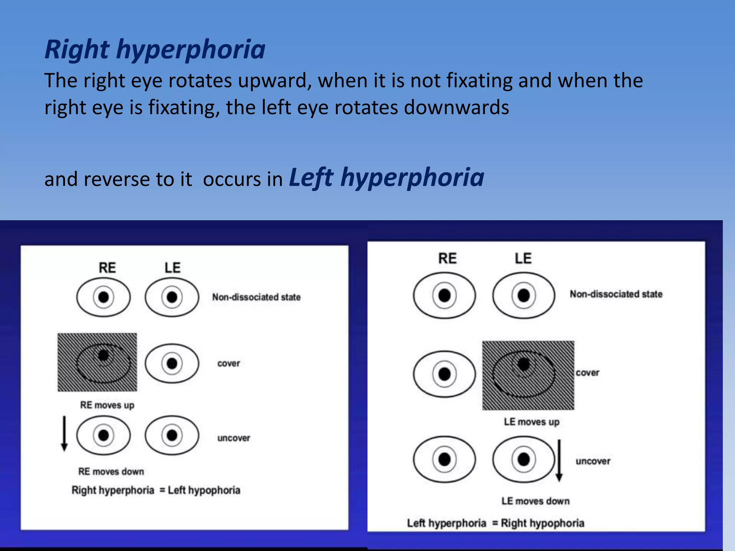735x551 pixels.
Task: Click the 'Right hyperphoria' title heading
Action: pos(155,49)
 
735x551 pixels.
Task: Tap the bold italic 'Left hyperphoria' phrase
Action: pos(387,178)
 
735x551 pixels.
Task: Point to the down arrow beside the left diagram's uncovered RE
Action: pos(64,433)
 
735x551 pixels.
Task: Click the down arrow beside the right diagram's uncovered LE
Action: pos(559,460)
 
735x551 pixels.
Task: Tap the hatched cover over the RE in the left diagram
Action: pos(97,362)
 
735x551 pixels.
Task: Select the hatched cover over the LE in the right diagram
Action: pos(528,375)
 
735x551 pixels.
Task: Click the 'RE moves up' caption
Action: pos(107,405)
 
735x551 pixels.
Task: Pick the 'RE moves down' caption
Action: pos(111,471)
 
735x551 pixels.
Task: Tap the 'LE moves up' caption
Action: pos(532,422)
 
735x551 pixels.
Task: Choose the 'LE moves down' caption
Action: pos(535,501)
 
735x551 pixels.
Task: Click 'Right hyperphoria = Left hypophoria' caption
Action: pos(156,490)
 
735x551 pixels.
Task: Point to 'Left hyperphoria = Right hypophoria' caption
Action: pos(495,523)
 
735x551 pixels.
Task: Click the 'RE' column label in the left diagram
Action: pos(107,268)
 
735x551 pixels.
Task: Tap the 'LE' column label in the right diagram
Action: pos(523,259)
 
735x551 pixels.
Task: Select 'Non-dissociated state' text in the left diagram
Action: pos(256,297)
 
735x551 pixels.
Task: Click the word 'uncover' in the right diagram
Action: pos(593,461)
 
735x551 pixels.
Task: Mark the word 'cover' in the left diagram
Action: pos(229,363)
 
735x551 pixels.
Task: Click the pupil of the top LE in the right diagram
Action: pos(524,296)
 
